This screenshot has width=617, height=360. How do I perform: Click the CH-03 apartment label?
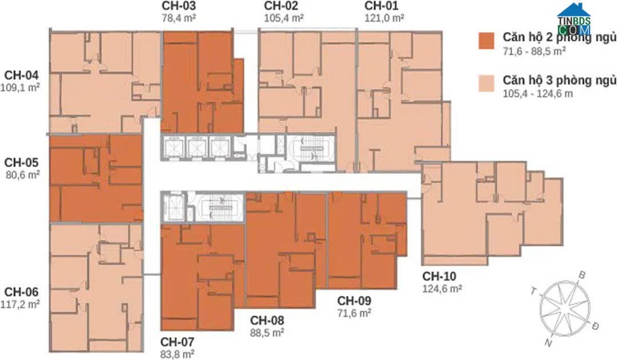point(178,6)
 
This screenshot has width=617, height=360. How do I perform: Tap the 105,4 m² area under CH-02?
point(283,18)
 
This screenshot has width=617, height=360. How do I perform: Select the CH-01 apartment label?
point(381,6)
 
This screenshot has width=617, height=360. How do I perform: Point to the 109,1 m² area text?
point(20,87)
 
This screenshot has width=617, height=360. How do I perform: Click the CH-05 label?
point(21,162)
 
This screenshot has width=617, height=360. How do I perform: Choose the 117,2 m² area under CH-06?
point(20,304)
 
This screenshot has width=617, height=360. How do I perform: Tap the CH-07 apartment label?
point(177,342)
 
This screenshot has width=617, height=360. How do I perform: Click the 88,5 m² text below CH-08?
point(267,333)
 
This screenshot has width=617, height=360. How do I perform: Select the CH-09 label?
point(354,301)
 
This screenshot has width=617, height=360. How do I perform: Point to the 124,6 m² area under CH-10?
point(442,289)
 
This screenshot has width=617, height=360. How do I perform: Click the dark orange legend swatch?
point(486,41)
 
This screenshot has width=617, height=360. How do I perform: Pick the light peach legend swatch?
point(486,84)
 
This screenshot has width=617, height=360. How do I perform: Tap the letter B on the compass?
point(582,275)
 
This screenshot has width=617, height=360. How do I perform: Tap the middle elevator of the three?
point(197,147)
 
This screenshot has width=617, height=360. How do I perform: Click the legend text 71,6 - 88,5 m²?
point(534,51)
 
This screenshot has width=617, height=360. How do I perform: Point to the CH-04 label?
point(21,75)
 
